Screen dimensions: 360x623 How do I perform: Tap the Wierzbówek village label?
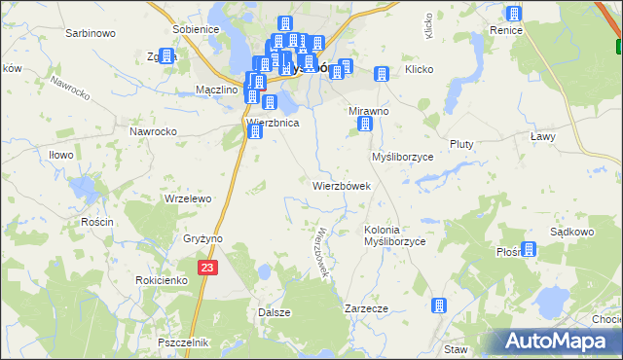(341, 186)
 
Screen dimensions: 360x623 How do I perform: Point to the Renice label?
(507, 30)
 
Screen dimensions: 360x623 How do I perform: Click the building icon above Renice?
(513, 14)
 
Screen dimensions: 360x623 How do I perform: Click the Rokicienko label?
(162, 279)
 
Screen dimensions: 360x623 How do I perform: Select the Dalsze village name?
(275, 312)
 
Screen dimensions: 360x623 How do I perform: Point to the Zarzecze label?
(367, 308)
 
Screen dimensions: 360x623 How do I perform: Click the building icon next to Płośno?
(529, 249)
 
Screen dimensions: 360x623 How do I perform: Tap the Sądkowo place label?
(572, 233)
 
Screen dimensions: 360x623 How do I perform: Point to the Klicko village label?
(419, 70)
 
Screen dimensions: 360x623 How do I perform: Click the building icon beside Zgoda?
(166, 55)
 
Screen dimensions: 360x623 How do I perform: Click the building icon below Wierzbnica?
(256, 132)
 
